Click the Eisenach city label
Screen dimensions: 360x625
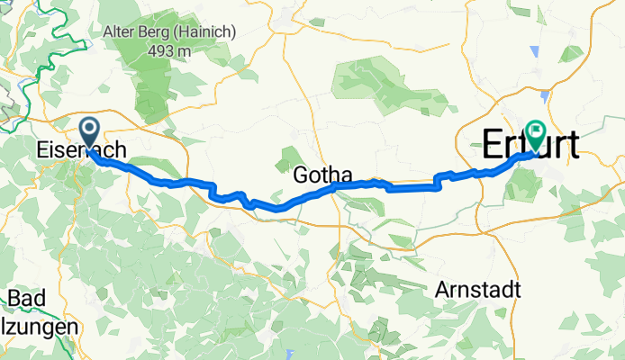pos(87,151)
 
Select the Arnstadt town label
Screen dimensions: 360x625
pos(477,290)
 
